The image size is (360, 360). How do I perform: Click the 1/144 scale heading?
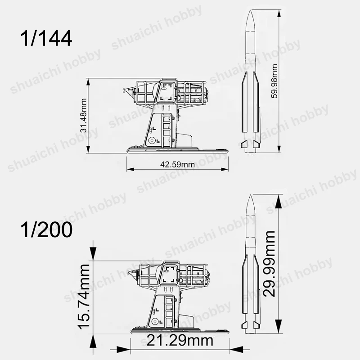46,39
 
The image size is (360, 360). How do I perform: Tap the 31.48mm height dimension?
84,116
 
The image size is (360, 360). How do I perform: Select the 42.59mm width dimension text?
177,164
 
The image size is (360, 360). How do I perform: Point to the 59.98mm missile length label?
274,81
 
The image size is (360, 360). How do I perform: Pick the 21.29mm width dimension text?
180,341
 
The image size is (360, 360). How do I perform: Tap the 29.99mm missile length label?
269,264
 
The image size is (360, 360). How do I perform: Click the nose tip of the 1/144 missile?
250,10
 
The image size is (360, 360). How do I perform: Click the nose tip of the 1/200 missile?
250,195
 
